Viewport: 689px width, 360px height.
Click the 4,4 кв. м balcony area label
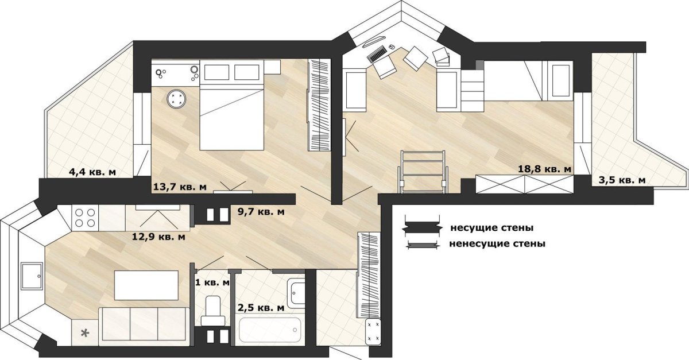92,172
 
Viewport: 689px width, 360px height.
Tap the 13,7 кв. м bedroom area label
180,187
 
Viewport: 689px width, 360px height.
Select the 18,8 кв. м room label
545,169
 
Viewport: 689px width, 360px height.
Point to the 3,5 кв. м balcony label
622,180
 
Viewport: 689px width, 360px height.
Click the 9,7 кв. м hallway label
261,212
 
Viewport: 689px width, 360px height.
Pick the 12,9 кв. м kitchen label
158,237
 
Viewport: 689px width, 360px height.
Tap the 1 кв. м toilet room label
212,282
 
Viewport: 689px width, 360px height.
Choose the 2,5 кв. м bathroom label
261,308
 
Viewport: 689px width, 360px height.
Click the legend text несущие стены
492,228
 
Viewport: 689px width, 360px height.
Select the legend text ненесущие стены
497,243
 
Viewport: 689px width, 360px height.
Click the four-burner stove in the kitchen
85,218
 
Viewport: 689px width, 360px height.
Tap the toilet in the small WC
212,310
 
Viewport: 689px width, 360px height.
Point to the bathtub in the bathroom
270,330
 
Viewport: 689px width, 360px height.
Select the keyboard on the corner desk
377,55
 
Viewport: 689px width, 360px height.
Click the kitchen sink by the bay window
32,276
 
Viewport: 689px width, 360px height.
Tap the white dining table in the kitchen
146,285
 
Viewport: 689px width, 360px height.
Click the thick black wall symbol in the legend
422,228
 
